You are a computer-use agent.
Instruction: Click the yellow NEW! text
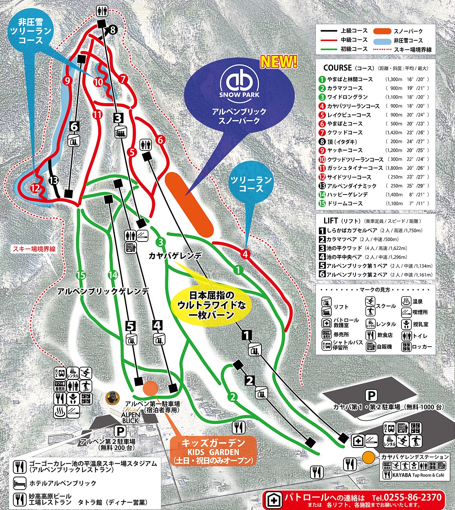tap(279, 62)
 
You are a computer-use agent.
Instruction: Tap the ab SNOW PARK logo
tap(239, 82)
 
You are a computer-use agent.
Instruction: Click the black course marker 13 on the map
tap(54, 180)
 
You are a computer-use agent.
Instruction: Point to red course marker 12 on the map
tap(35, 188)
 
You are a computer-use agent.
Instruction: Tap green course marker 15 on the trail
tap(80, 275)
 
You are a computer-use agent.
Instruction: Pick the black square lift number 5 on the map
tap(131, 326)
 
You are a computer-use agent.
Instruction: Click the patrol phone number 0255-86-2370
tap(412, 497)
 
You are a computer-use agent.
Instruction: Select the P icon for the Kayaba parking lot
tap(371, 395)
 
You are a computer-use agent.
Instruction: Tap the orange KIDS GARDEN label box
tap(213, 452)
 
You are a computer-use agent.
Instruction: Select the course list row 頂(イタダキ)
tap(342, 141)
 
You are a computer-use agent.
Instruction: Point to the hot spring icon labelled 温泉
tap(406, 302)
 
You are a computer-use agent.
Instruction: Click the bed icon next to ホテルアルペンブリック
tap(20, 483)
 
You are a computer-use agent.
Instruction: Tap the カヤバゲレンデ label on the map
tap(175, 256)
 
